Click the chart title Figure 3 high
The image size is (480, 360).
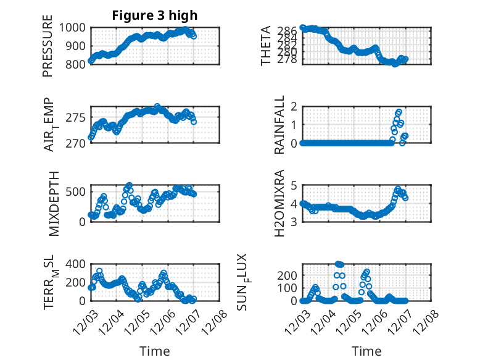tap(155, 15)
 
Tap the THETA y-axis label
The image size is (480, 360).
tap(266, 46)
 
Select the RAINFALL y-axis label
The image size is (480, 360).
tap(279, 125)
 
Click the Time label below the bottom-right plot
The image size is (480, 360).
tap(366, 351)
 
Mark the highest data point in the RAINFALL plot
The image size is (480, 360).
tap(399, 112)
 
